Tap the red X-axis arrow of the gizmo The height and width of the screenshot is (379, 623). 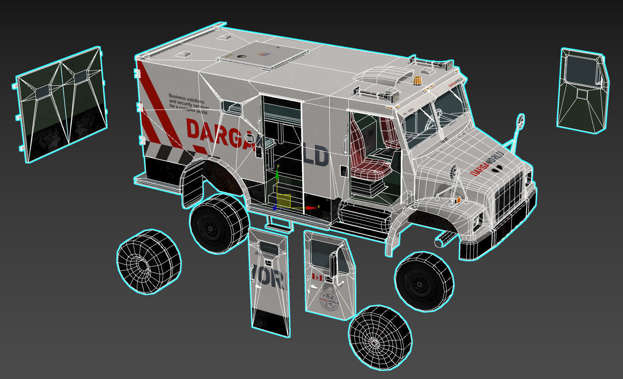(311, 208)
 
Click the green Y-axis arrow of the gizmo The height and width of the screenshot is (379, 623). (277, 173)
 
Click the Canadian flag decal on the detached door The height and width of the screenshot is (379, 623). (317, 278)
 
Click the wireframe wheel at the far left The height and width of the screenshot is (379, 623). (148, 262)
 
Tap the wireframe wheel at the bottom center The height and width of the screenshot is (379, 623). (380, 338)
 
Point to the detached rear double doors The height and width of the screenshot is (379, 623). (61, 105)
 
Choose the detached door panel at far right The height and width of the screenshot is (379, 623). (582, 90)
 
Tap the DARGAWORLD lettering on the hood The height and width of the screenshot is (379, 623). (486, 164)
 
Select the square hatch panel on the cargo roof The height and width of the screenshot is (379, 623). (263, 56)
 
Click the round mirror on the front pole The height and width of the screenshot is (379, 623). (520, 121)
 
